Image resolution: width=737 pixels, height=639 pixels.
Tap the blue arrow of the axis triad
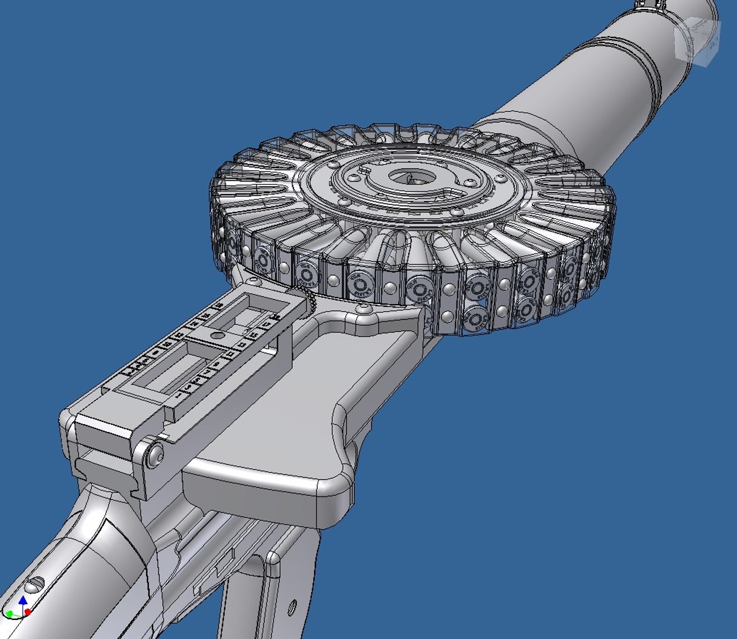[23, 601]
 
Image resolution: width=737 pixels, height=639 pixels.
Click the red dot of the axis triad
[28, 612]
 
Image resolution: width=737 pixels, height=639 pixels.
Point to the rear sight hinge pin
[156, 454]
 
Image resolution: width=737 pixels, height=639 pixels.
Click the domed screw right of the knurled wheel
[364, 308]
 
